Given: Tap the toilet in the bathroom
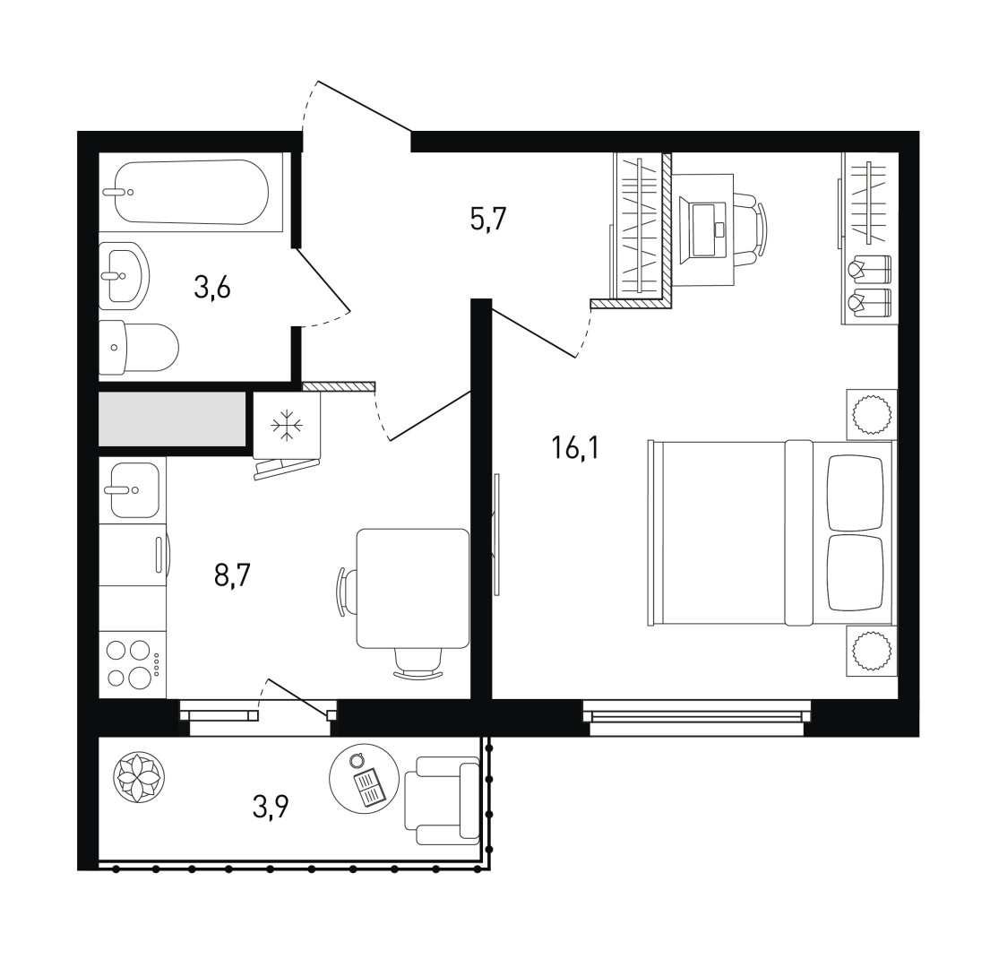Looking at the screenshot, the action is (x=139, y=347).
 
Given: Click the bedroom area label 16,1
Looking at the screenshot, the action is (x=574, y=448).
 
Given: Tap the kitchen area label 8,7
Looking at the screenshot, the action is (x=232, y=576).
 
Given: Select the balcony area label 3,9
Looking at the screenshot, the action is (x=271, y=807).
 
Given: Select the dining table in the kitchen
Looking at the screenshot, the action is (x=413, y=589).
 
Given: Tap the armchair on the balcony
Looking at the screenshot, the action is (x=442, y=799).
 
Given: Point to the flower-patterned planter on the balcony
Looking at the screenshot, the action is (x=138, y=777).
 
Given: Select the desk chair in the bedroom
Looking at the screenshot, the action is (x=752, y=229).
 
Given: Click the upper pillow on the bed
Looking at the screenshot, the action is (x=856, y=493).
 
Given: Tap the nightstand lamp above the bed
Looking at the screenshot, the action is (x=872, y=414).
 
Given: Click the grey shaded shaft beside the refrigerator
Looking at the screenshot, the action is (x=172, y=419).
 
